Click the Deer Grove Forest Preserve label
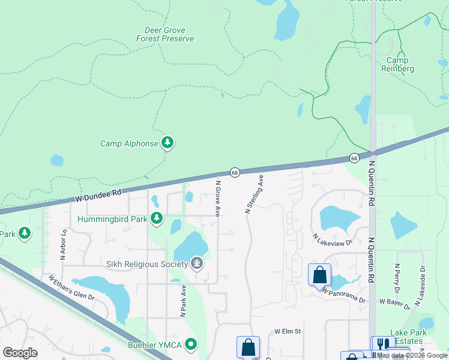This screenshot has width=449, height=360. [169, 34]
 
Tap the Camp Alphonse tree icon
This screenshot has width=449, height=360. [169, 143]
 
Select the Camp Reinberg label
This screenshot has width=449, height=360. [397, 64]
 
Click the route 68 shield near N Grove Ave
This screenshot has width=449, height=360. [235, 172]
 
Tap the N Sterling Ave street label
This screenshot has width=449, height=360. [254, 195]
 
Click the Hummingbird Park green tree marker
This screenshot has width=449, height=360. [157, 218]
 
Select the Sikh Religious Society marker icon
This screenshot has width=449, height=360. [196, 263]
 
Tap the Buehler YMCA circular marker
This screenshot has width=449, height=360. [191, 344]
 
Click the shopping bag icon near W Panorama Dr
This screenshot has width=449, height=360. [320, 275]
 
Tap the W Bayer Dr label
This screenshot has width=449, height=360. [394, 304]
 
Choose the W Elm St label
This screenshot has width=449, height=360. [287, 331]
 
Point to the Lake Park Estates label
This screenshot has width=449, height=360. [406, 337]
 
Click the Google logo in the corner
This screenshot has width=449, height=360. [20, 352]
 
